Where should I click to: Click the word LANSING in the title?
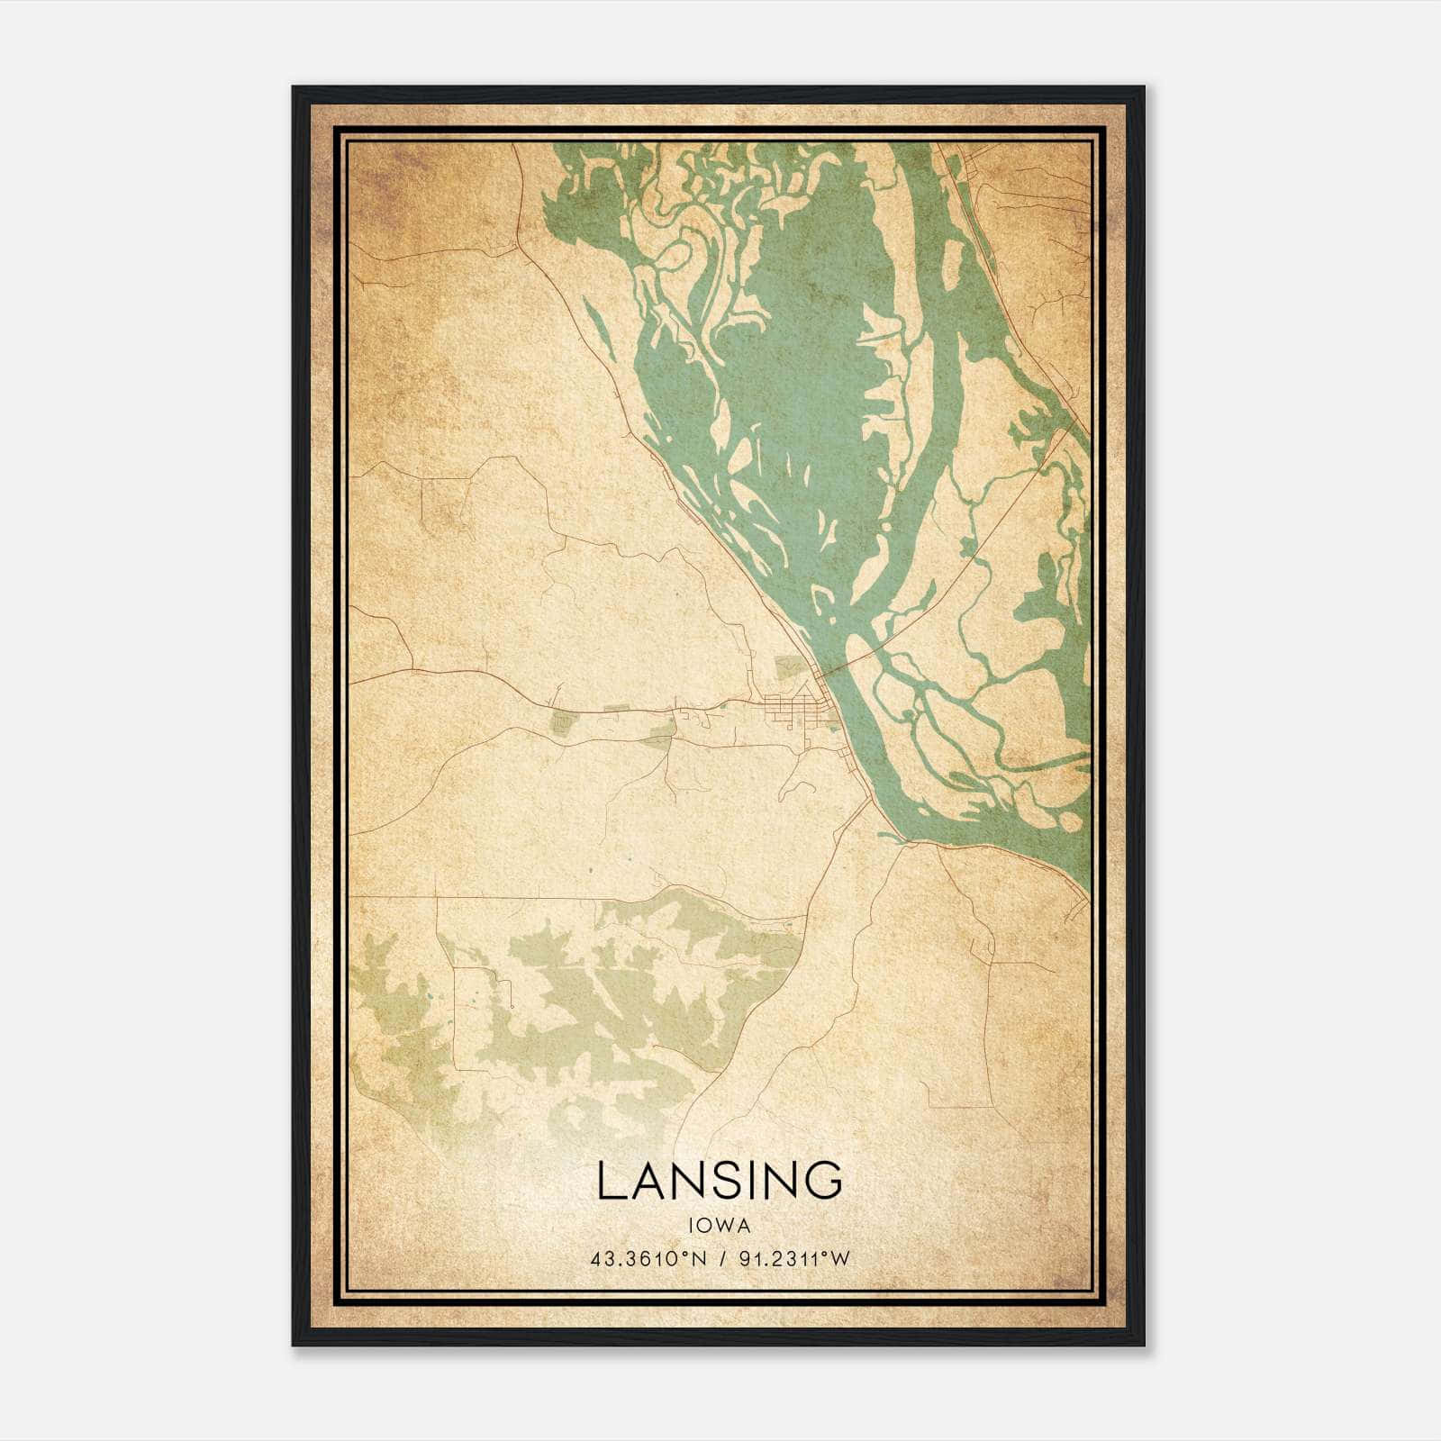tap(719, 1181)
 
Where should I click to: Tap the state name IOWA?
tap(719, 1225)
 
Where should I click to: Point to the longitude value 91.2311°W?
tap(793, 1258)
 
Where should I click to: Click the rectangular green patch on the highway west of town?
tap(563, 720)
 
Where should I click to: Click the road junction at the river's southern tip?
tap(903, 842)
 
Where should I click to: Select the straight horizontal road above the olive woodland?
tap(540, 897)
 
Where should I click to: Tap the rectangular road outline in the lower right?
tap(959, 1036)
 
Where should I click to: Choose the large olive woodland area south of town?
tap(612, 1000)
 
